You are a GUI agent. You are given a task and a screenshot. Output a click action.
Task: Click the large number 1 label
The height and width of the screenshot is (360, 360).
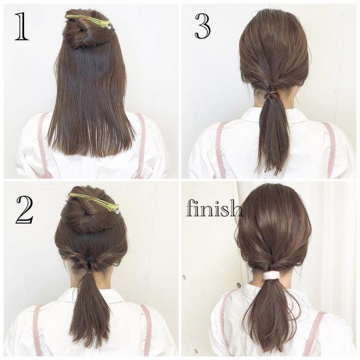[x=22, y=26]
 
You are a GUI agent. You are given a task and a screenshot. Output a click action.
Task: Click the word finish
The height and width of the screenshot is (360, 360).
[x=214, y=208]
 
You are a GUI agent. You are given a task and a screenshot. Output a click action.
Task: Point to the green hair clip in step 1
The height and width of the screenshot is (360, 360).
[x=89, y=20]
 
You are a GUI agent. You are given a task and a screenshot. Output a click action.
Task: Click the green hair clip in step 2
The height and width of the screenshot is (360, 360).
[x=95, y=202]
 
